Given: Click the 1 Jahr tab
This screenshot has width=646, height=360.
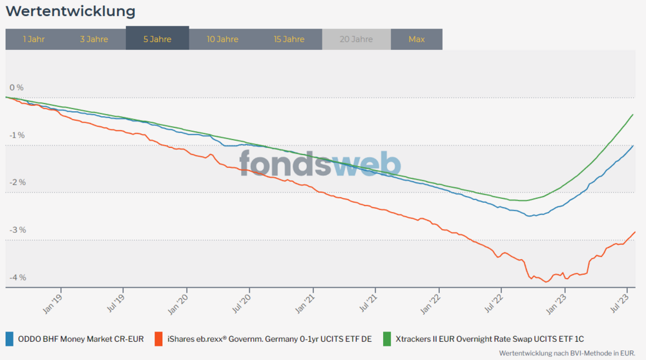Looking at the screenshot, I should (x=34, y=39).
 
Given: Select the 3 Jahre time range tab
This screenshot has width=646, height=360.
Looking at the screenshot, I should (x=94, y=39).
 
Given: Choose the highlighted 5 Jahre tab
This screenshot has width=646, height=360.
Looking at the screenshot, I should (x=157, y=39).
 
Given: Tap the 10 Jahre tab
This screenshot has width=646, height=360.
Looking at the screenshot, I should (x=222, y=39).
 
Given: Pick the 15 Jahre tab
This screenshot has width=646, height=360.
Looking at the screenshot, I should (x=289, y=39).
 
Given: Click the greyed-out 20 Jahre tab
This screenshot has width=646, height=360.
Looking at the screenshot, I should (x=356, y=39).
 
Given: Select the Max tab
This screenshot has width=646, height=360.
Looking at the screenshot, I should (x=417, y=39).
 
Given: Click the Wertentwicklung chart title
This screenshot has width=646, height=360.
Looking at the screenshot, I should (x=70, y=12).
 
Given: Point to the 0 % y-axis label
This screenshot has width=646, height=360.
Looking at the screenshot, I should (x=16, y=87).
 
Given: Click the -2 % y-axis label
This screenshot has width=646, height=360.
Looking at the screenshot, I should (x=17, y=182).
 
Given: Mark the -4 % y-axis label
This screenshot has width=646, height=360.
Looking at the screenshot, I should (x=17, y=277).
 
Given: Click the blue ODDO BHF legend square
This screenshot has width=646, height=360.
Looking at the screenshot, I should (x=9, y=338).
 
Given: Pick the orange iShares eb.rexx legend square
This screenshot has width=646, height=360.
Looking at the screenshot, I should (x=159, y=338).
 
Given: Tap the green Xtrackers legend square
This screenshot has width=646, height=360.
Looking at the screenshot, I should (x=388, y=338).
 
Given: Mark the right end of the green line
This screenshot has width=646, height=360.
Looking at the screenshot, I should (x=632, y=114).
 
